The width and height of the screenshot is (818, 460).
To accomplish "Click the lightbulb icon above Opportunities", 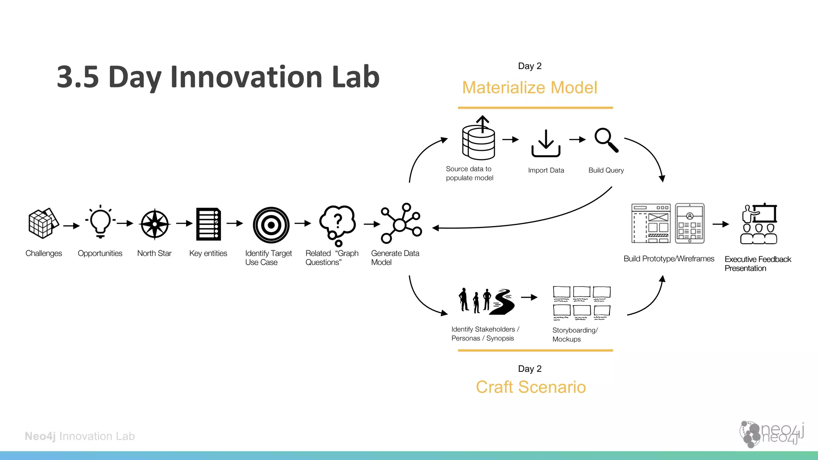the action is [x=100, y=222].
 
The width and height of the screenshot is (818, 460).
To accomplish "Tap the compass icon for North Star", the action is [x=155, y=224].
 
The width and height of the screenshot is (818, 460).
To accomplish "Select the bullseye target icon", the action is [x=271, y=225].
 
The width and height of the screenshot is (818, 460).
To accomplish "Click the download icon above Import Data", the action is [x=546, y=143].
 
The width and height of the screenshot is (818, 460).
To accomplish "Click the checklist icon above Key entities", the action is [x=208, y=224].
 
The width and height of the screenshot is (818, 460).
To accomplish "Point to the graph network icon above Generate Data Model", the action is [x=401, y=224].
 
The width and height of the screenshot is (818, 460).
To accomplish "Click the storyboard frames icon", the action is [x=582, y=303].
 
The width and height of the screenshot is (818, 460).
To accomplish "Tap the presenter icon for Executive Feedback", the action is [x=759, y=224].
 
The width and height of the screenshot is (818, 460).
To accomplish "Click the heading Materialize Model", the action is [x=530, y=88].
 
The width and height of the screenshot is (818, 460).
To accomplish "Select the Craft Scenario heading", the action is [x=531, y=387].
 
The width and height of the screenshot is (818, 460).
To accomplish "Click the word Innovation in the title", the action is [x=247, y=77].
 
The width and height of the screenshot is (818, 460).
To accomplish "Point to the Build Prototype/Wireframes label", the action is [x=669, y=259].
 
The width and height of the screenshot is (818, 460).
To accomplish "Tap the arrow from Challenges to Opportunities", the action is [x=71, y=226].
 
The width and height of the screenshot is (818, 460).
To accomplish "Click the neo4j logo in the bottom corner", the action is [x=771, y=434].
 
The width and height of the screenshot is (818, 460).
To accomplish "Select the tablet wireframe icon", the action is [x=690, y=223].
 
